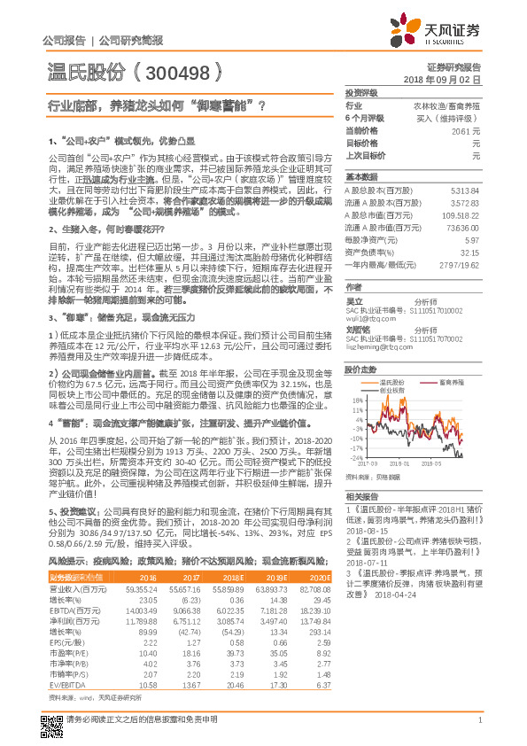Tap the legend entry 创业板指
coord(391,389)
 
